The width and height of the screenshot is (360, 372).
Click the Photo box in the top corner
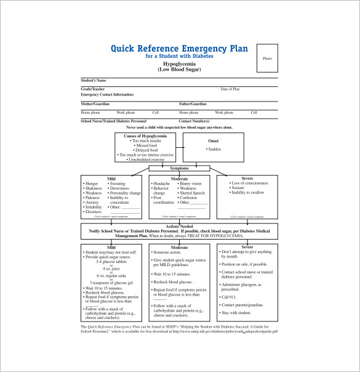click(x=267, y=58)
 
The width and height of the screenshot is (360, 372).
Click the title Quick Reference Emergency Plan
click(x=179, y=48)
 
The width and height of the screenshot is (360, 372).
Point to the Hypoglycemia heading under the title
click(x=179, y=64)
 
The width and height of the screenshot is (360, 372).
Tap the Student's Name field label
click(x=94, y=81)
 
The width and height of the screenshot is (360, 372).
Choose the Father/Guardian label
click(x=193, y=104)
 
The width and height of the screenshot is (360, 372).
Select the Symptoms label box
click(x=179, y=168)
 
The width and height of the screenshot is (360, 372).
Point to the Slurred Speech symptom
click(x=192, y=193)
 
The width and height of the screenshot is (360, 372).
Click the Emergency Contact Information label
click(x=107, y=94)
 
